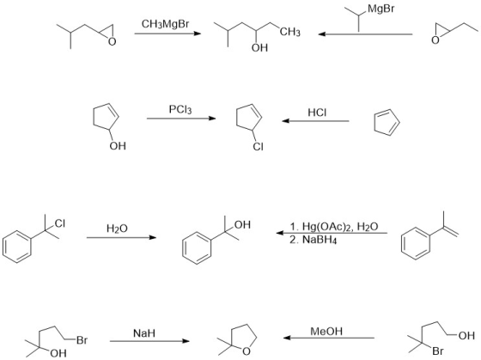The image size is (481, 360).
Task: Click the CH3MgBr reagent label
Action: point(165,24)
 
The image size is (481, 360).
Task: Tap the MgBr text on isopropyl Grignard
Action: point(381,9)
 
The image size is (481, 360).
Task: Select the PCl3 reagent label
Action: point(180,109)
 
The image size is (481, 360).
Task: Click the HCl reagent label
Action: point(317,113)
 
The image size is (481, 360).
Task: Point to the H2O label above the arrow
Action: point(117,229)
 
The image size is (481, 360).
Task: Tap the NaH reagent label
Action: point(144,333)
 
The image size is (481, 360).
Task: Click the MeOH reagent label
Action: point(326,332)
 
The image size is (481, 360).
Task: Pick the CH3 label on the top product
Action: point(290,32)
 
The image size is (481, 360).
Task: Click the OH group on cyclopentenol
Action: point(118,145)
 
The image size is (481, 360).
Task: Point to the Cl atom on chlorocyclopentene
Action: point(258,147)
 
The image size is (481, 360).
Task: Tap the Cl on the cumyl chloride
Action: point(60,223)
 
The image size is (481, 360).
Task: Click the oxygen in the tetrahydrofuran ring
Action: point(247,351)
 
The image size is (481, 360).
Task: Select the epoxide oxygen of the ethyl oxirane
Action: point(435,40)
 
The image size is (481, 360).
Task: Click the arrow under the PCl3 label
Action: point(181,119)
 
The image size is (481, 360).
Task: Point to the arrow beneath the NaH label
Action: point(149,341)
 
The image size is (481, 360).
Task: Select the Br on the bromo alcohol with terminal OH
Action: point(438,351)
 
